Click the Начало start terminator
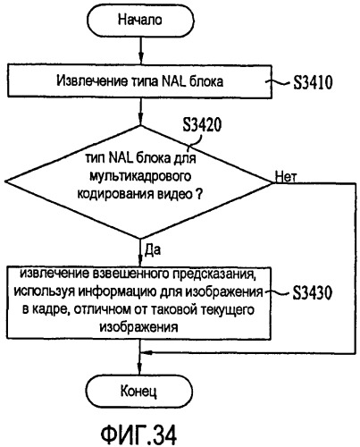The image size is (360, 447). (x=139, y=21)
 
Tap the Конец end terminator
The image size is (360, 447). (x=139, y=391)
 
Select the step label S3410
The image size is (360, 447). (x=313, y=82)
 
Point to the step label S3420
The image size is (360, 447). (x=202, y=125)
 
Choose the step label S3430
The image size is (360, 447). (x=312, y=293)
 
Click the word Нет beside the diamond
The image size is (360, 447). (x=286, y=177)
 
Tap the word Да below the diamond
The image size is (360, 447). (x=152, y=249)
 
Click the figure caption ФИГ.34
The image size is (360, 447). (x=138, y=434)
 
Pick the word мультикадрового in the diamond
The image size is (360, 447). (x=140, y=177)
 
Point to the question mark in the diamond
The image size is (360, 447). (x=198, y=194)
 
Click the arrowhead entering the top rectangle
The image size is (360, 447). (x=141, y=59)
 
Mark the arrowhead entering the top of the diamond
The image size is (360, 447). (x=141, y=119)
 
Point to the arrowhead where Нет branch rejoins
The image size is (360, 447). (x=147, y=353)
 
